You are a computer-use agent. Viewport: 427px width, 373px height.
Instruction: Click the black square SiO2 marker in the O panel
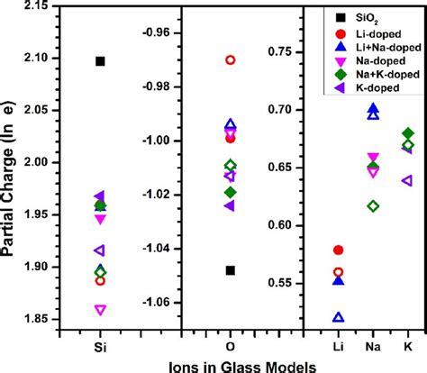(x=231, y=270)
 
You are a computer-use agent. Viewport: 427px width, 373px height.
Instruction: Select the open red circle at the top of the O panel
(x=231, y=60)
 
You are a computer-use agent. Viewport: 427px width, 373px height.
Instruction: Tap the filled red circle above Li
(x=339, y=250)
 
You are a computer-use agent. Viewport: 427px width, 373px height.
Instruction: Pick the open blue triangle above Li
(x=339, y=317)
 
